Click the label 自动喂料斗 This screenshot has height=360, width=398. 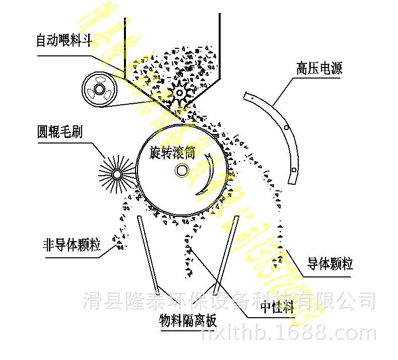point(63,41)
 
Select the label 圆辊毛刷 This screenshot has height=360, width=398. point(59,132)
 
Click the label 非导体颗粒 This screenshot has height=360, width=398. point(72,246)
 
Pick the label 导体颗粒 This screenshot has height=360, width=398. point(330,263)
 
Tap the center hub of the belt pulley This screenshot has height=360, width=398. point(99,91)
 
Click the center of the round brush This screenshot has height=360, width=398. point(117,174)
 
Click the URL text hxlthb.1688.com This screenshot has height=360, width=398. point(288,333)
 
